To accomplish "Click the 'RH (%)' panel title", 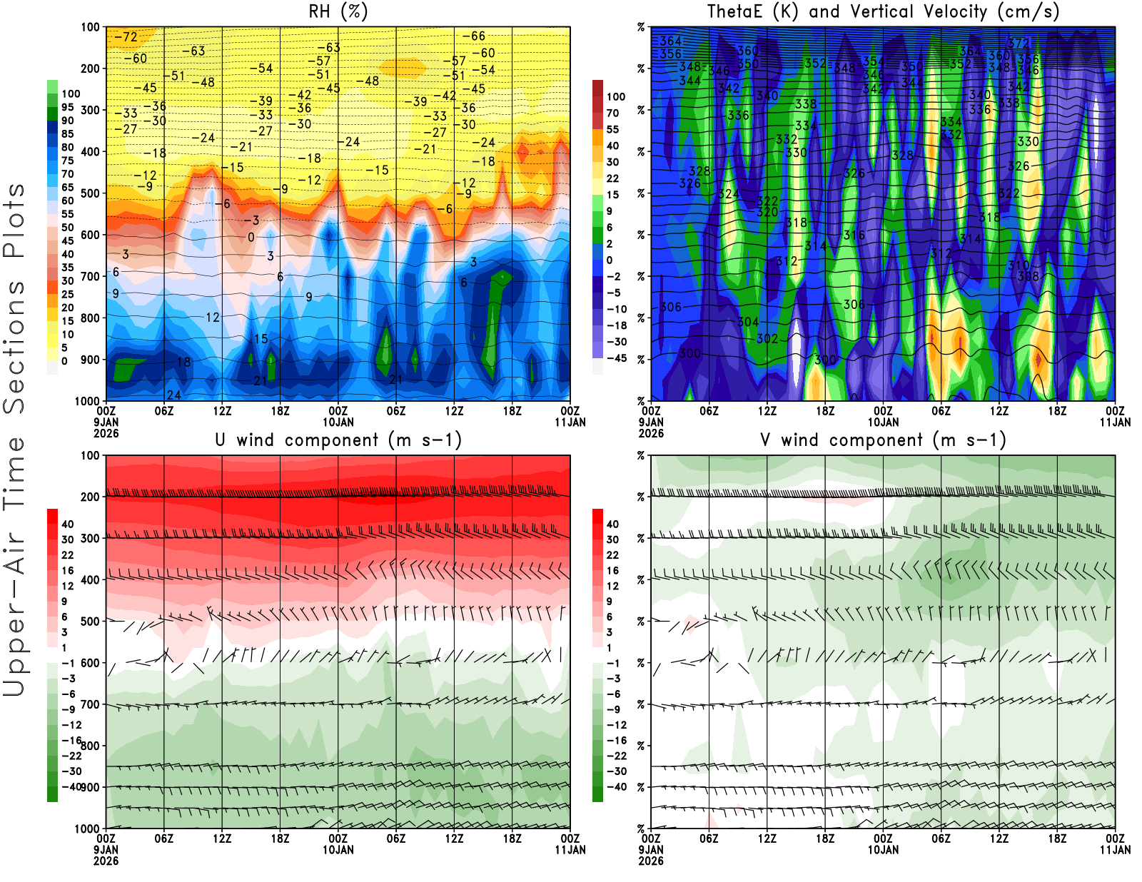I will [x=338, y=12].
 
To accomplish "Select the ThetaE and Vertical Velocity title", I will [x=883, y=12].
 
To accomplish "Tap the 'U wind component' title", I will [x=338, y=440].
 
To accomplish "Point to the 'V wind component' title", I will [x=883, y=440].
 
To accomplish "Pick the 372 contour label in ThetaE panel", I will [x=1019, y=44].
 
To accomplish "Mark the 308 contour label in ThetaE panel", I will [x=1029, y=276].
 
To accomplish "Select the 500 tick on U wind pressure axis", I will [x=91, y=622].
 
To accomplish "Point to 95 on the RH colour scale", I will [x=67, y=107].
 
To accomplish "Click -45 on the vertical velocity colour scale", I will [x=616, y=358].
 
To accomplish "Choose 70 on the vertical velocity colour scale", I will [x=612, y=113].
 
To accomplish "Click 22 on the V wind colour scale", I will [x=612, y=555].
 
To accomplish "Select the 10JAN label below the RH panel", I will [x=338, y=422].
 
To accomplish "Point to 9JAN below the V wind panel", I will [x=651, y=850].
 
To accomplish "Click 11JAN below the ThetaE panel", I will [x=1115, y=422].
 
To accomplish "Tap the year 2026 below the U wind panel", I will [x=106, y=861].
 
